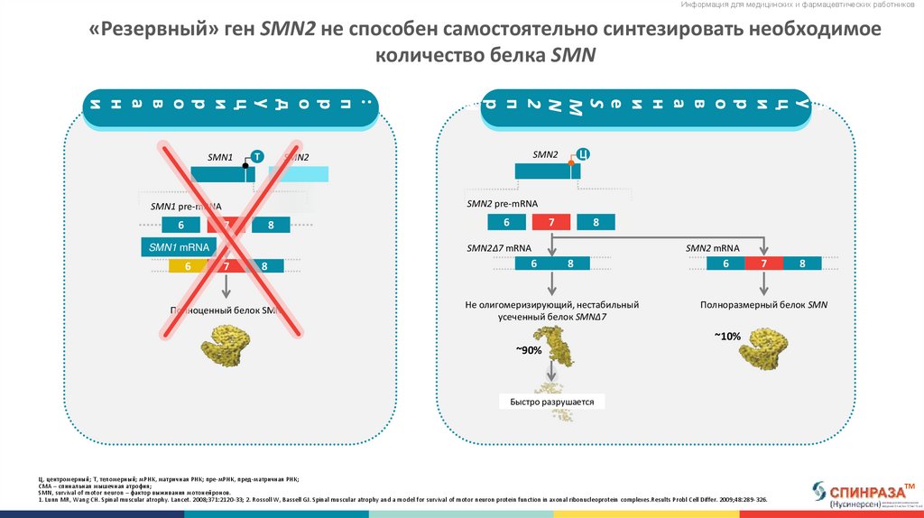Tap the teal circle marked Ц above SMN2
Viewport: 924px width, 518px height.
[583, 153]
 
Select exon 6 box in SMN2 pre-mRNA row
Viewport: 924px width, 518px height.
[506, 222]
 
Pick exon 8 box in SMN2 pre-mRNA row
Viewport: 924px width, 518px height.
[596, 222]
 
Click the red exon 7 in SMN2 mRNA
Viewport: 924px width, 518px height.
[764, 264]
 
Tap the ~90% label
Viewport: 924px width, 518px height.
[529, 350]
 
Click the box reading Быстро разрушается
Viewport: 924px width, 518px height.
[552, 402]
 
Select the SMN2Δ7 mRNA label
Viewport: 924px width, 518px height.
[499, 247]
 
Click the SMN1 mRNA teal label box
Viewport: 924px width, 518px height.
[180, 247]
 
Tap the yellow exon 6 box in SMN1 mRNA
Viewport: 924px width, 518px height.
[188, 266]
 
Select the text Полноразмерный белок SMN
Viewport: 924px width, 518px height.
[763, 305]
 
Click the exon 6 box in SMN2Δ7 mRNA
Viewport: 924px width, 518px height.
[533, 264]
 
